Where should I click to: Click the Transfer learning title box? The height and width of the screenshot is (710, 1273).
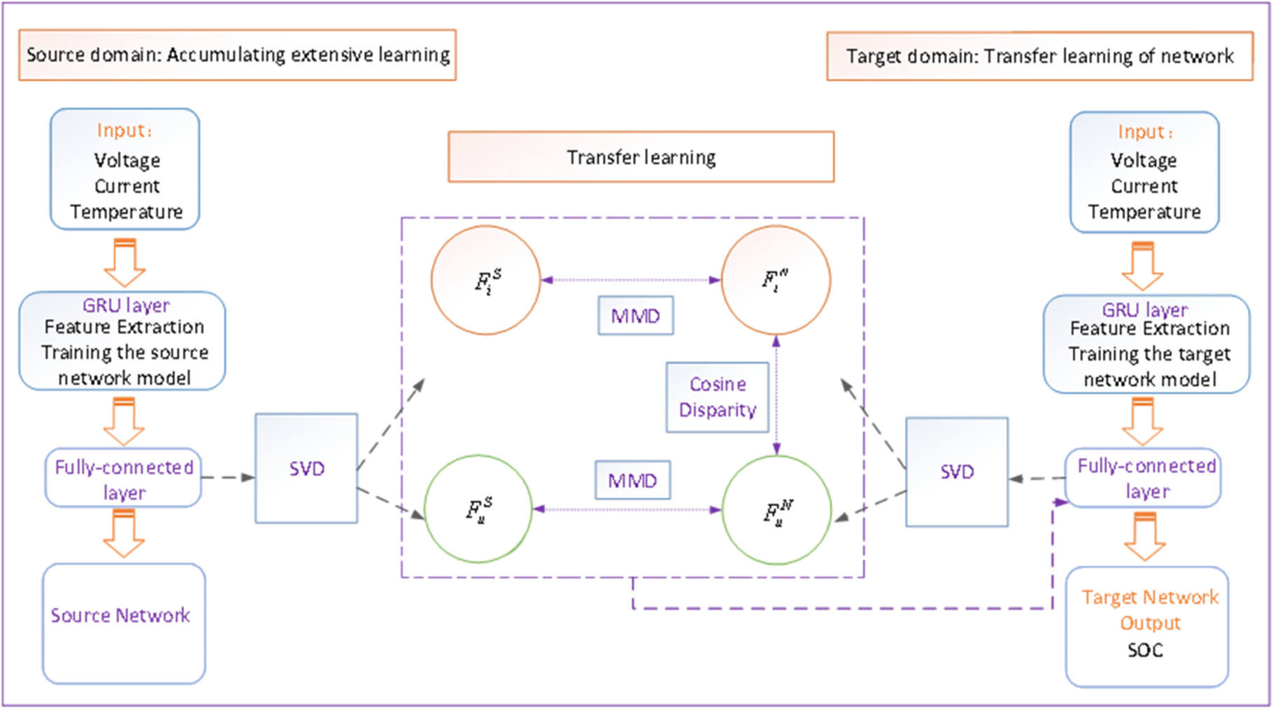pyautogui.click(x=641, y=157)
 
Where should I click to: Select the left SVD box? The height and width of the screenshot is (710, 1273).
pyautogui.click(x=306, y=468)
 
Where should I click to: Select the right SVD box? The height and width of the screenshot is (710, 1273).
pyautogui.click(x=957, y=471)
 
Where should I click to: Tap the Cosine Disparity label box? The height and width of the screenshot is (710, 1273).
pyautogui.click(x=718, y=397)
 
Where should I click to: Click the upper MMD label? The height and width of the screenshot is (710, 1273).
pyautogui.click(x=635, y=315)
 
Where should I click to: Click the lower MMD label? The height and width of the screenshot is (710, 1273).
pyautogui.click(x=632, y=481)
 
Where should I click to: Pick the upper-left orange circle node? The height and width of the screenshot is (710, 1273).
pyautogui.click(x=485, y=280)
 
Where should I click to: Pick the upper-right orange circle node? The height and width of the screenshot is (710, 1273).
pyautogui.click(x=776, y=280)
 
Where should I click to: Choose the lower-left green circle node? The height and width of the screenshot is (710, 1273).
pyautogui.click(x=478, y=509)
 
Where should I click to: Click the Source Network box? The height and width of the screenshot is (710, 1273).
pyautogui.click(x=124, y=623)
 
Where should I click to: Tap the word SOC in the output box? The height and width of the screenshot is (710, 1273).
pyautogui.click(x=1145, y=651)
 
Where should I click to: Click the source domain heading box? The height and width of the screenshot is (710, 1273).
pyautogui.click(x=238, y=55)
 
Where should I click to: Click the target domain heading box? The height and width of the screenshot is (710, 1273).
pyautogui.click(x=1039, y=56)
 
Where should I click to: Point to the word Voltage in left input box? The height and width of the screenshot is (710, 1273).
pyautogui.click(x=127, y=160)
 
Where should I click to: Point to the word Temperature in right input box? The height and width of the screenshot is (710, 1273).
pyautogui.click(x=1144, y=212)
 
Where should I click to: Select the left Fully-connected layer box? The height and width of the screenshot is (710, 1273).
pyautogui.click(x=124, y=478)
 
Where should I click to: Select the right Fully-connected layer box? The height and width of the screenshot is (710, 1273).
pyautogui.click(x=1145, y=478)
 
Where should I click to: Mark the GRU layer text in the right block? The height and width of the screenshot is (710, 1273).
pyautogui.click(x=1144, y=309)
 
